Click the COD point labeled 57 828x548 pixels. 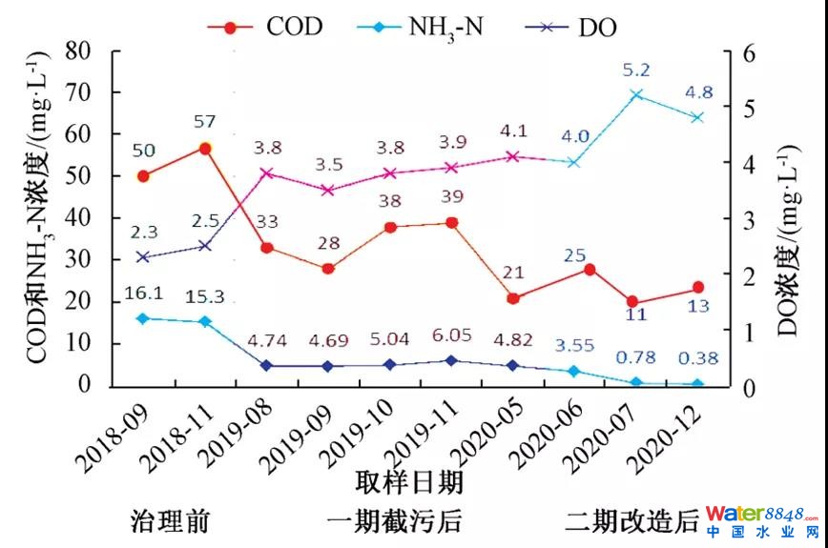click(x=205, y=149)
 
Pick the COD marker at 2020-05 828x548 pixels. click(x=512, y=298)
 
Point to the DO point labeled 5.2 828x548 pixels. click(x=636, y=94)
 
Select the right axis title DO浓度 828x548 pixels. click(x=791, y=238)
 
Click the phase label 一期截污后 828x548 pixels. click(x=394, y=521)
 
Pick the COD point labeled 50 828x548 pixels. click(x=143, y=175)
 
